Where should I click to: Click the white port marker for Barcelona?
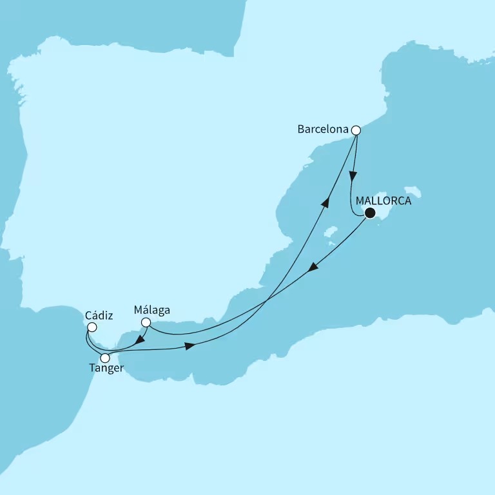[x=355, y=130]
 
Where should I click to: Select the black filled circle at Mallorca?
[x=370, y=213]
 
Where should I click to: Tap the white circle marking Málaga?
[x=146, y=322]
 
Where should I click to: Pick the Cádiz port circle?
[x=92, y=327]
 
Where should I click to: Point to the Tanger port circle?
[x=105, y=358]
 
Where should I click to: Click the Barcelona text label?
[x=322, y=130]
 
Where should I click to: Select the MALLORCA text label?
[x=383, y=200]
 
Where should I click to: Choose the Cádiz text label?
[x=99, y=316]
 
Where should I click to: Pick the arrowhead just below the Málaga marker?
[x=139, y=338]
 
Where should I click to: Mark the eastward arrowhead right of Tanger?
[x=189, y=347]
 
